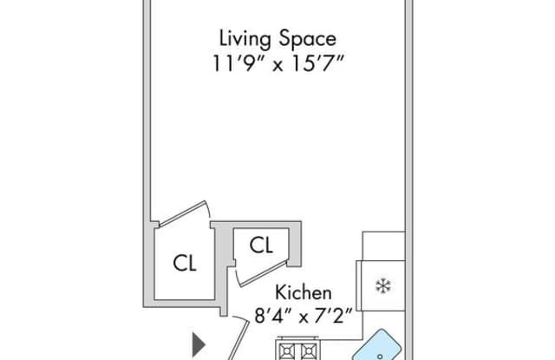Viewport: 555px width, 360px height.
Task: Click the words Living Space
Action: click(x=277, y=38)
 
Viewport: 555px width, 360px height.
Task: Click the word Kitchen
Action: click(x=304, y=292)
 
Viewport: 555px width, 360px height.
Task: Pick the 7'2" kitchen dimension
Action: click(x=331, y=316)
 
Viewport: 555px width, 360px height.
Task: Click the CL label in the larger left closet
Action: click(x=185, y=264)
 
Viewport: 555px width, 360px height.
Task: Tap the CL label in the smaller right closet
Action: click(x=261, y=245)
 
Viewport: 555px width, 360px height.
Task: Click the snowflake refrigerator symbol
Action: click(x=383, y=286)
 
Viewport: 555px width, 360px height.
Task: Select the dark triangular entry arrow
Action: click(x=199, y=344)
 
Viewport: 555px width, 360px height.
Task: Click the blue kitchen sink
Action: click(x=377, y=346)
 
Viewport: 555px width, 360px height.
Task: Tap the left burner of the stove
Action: click(x=286, y=351)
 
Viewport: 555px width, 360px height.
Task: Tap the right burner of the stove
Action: click(x=309, y=351)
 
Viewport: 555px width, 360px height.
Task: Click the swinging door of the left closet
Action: click(x=182, y=213)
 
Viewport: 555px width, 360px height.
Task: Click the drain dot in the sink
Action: click(x=380, y=357)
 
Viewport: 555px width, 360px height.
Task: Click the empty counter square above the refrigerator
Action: click(x=383, y=246)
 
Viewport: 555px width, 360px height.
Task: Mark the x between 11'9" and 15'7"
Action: click(x=277, y=66)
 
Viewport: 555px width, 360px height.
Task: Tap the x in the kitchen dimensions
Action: click(x=304, y=317)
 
